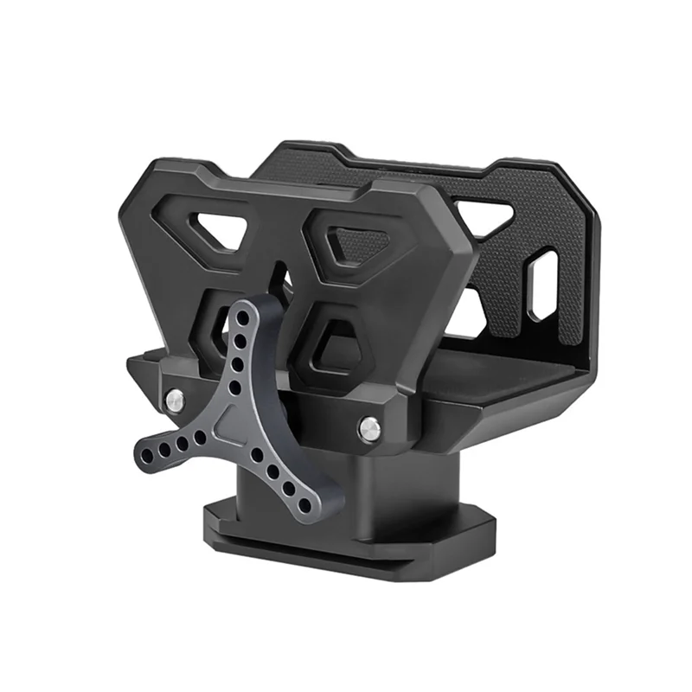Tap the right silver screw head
pyautogui.click(x=370, y=425)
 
